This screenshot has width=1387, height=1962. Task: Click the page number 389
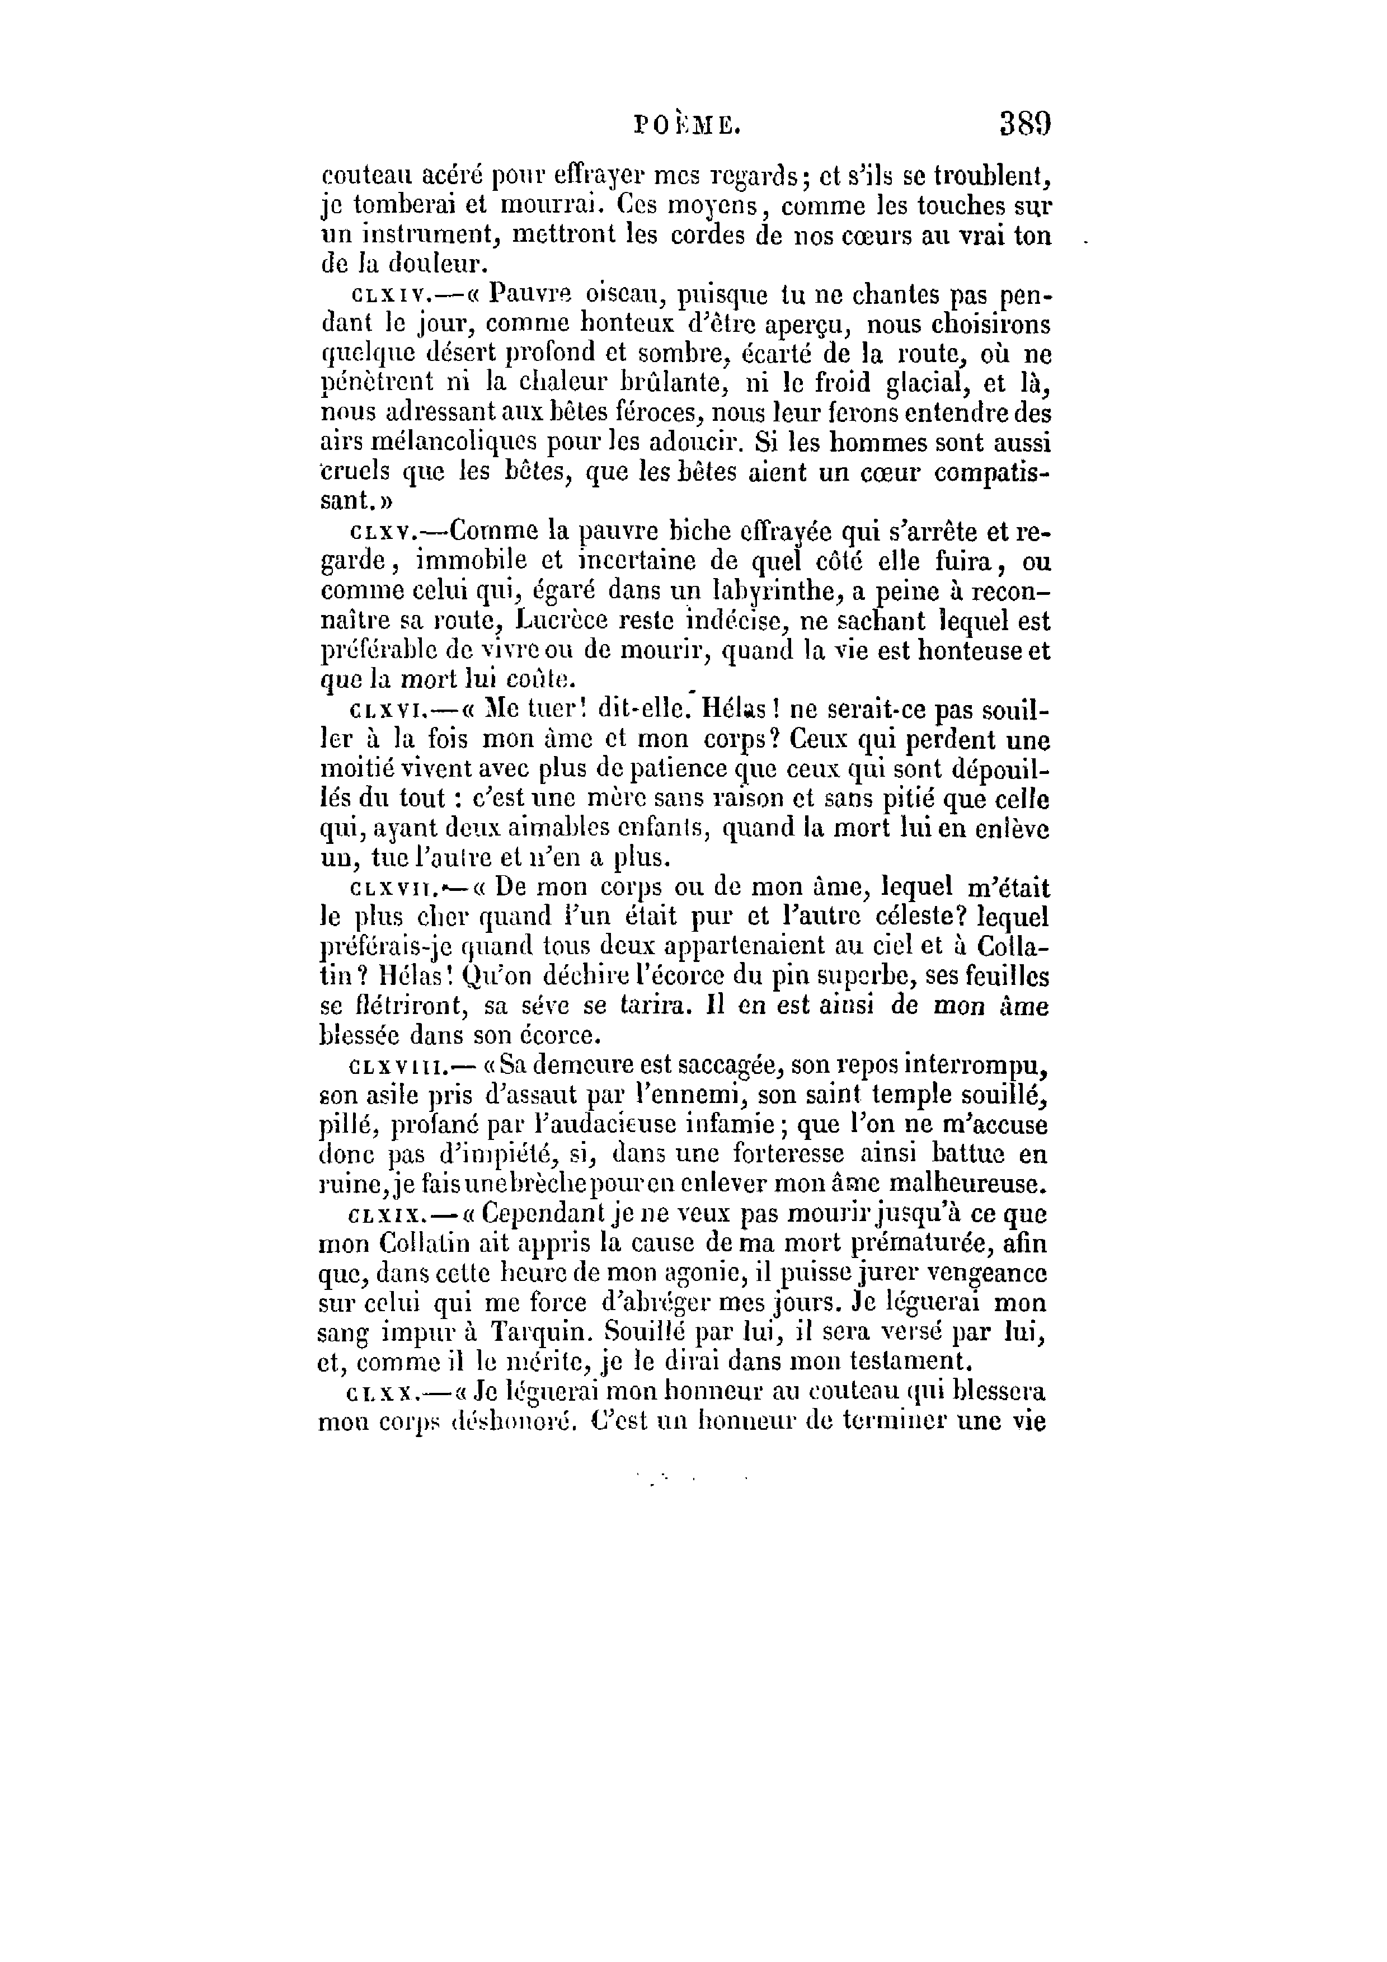(1024, 125)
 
